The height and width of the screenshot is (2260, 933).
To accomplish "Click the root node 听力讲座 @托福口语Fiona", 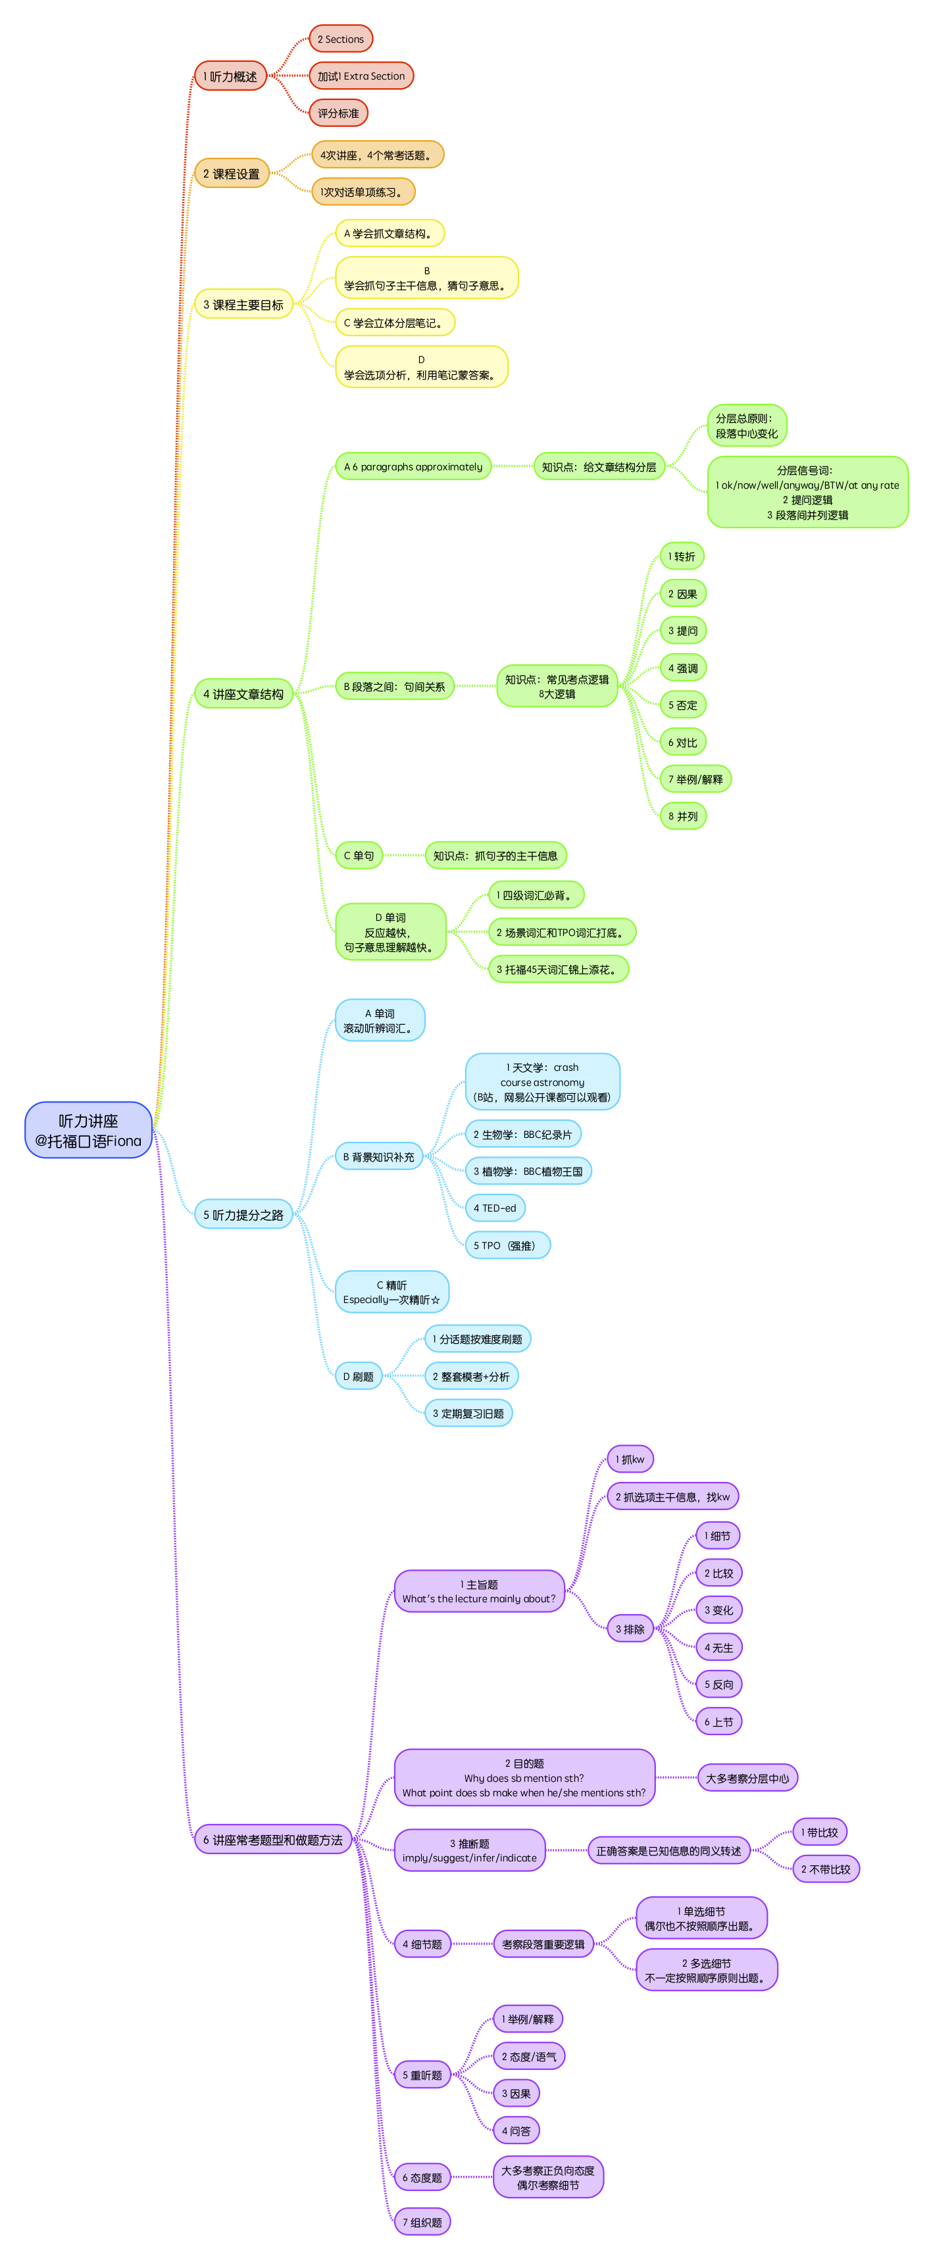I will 88,1130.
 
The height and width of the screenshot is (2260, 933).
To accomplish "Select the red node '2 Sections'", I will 341,39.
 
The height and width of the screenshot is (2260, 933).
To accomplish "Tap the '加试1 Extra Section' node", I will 361,76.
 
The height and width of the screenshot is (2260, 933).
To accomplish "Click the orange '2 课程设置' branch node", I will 231,174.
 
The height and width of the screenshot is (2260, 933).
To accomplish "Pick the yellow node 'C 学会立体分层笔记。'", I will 394,323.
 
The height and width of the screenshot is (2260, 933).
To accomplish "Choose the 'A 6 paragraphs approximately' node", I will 413,467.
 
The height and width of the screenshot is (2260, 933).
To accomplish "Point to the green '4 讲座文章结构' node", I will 243,694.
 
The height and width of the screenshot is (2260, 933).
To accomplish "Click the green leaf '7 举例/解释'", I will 695,779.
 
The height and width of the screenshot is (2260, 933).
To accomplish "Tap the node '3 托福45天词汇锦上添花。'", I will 558,970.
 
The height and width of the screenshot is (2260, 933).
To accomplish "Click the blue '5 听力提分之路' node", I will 243,1215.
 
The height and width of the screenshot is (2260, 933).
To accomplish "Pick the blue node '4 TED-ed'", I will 495,1208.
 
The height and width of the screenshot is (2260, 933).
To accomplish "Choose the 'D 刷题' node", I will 358,1377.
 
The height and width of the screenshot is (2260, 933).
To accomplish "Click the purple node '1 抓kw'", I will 629,1460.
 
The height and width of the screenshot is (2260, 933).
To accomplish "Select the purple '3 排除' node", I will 629,1629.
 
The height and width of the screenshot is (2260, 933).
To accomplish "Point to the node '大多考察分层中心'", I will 747,1779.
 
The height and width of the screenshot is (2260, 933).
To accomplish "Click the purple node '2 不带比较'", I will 825,1869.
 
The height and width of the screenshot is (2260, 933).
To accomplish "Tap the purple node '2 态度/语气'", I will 528,2057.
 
